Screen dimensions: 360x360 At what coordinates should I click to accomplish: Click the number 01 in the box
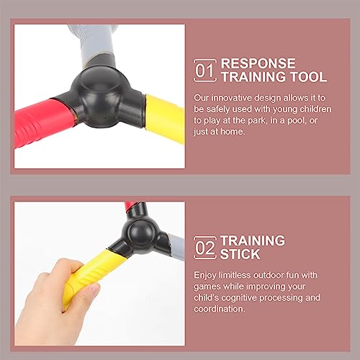[206, 70]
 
